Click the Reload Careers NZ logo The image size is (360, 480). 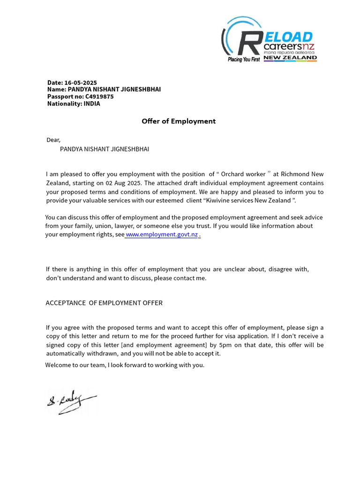click(269, 40)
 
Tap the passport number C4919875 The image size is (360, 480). click(99, 97)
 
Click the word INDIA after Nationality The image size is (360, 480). click(92, 104)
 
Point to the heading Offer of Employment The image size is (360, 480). click(179, 121)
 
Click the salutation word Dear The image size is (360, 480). click(53, 140)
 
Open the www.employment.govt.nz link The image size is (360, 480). click(162, 234)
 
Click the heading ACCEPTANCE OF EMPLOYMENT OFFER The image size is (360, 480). click(104, 303)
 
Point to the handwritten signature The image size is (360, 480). click(71, 402)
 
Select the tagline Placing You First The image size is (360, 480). click(243, 60)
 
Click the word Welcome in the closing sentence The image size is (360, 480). click(57, 365)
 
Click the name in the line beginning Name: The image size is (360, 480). click(114, 89)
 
